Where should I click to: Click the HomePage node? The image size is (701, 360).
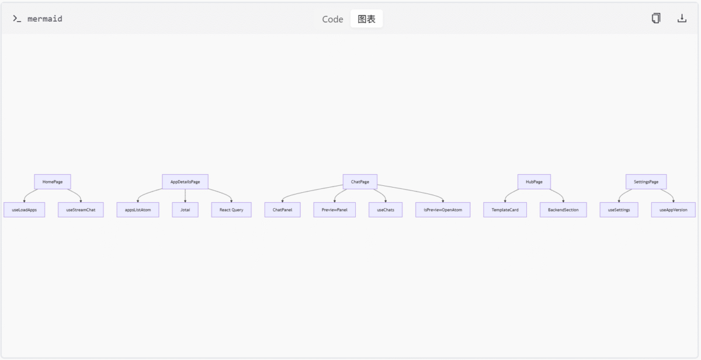pos(53,182)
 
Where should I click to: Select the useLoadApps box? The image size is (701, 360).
pos(25,210)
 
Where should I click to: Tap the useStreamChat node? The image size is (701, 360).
pos(81,210)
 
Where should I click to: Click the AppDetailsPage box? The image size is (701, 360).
pos(185,182)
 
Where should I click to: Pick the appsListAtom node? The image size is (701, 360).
pos(138,210)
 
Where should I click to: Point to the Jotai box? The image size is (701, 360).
pos(185,210)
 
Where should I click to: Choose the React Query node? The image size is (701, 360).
pos(231,210)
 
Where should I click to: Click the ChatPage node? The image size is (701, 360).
pos(360,182)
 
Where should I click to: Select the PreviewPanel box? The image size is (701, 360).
pos(335,210)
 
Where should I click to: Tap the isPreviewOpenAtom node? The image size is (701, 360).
pos(443,210)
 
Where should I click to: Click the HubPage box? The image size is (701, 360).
pos(534,182)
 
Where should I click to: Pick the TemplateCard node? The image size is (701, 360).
pos(505,210)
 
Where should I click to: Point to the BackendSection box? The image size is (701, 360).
pos(563,210)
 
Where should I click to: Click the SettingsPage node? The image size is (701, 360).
pos(646,182)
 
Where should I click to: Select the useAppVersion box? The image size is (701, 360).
pos(674,210)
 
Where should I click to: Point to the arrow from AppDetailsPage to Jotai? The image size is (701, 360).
pos(185,196)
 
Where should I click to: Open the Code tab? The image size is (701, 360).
pos(332,19)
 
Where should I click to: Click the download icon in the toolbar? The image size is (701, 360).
pos(682,19)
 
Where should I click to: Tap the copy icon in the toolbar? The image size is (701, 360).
pos(656,18)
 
